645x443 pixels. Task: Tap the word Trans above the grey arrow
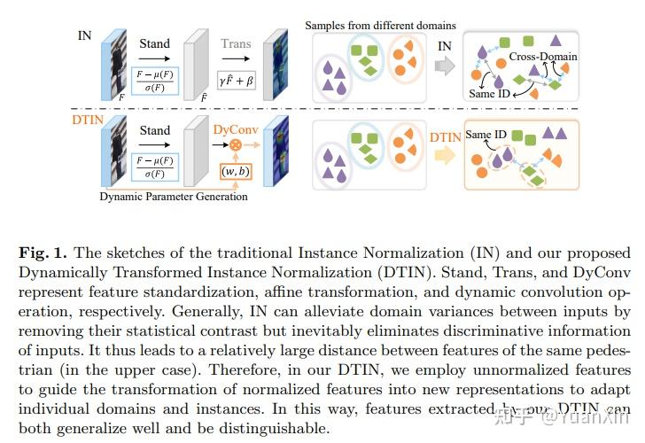236,43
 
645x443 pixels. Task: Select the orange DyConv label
237,128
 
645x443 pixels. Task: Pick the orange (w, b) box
237,170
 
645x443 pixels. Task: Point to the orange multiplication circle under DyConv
236,144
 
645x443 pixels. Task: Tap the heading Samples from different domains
380,25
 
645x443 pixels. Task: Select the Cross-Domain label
542,57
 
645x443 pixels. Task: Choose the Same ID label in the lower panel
486,136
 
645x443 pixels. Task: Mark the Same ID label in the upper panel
488,92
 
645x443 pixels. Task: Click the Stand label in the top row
155,43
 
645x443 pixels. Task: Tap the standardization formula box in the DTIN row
155,165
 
